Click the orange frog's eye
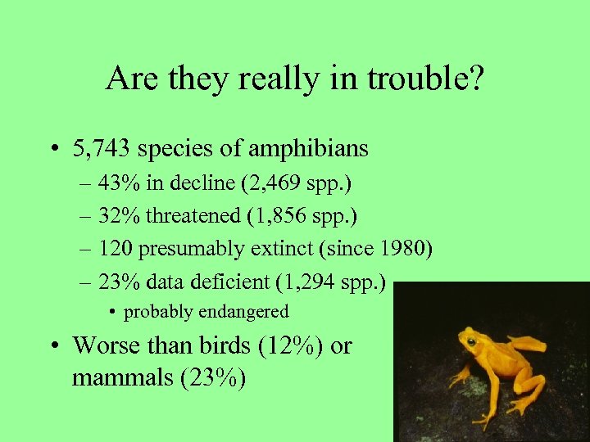pyautogui.click(x=471, y=340)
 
